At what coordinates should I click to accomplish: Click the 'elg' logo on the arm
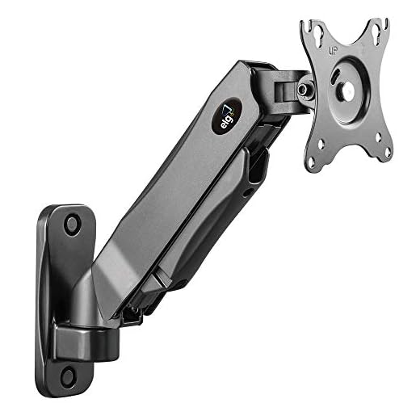pos(226,117)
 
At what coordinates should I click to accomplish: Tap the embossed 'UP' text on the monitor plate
pos(333,51)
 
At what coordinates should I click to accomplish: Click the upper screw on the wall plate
pos(72,224)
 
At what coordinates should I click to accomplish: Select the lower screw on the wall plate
pos(68,376)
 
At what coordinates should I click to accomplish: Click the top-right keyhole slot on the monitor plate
pos(376,34)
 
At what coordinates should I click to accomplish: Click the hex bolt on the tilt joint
pos(303,88)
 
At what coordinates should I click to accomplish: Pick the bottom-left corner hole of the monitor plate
pos(311,162)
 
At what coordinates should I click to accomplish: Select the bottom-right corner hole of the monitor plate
pos(388,153)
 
